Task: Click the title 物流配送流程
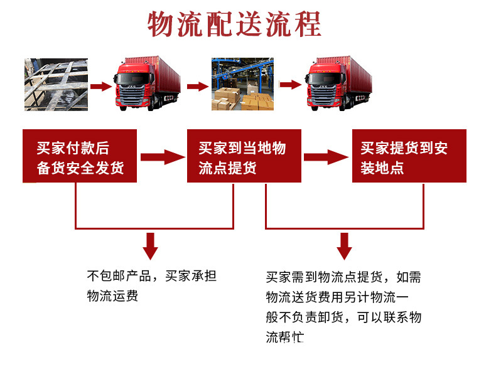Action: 234,24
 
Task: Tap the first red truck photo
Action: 147,83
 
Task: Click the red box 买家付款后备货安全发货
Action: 80,156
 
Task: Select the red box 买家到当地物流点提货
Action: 244,156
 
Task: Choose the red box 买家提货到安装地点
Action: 409,156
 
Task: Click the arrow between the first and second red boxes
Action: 161,157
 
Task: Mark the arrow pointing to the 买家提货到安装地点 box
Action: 326,157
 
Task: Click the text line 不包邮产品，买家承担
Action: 151,276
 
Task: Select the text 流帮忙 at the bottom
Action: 284,337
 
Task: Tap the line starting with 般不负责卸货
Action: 343,317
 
